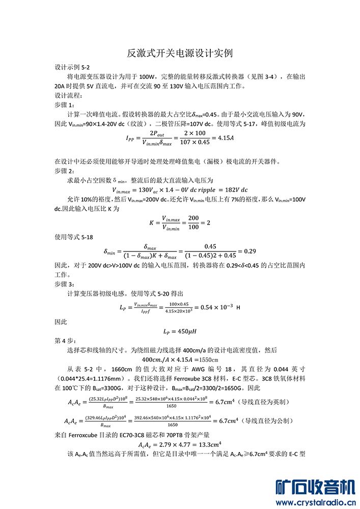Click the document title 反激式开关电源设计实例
(180, 53)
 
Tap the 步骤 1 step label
(65, 104)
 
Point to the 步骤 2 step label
(65, 171)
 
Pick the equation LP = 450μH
(180, 331)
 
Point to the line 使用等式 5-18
(74, 237)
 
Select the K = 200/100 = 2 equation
(179, 223)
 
